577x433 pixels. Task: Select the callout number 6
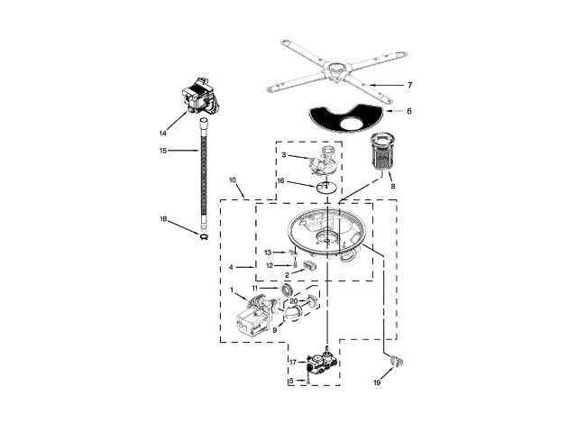(408, 111)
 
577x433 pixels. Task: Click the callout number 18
(164, 219)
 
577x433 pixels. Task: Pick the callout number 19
(378, 383)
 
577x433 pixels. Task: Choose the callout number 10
(232, 180)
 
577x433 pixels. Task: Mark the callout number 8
(393, 186)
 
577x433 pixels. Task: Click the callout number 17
(292, 362)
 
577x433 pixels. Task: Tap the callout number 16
(281, 180)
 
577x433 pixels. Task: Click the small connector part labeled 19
(393, 362)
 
